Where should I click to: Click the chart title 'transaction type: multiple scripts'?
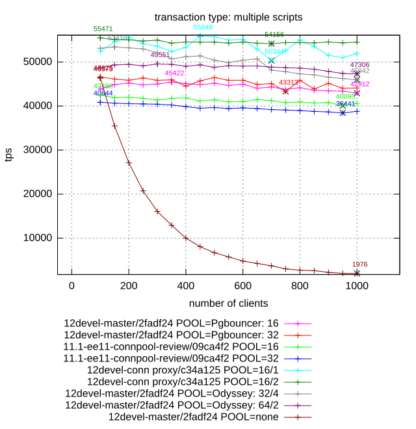click(x=228, y=16)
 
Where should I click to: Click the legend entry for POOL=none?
click(x=194, y=416)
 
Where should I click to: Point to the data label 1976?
click(x=360, y=265)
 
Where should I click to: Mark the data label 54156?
click(x=274, y=34)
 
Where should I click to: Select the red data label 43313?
click(x=289, y=83)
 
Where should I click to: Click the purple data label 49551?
click(x=160, y=55)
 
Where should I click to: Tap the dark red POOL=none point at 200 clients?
click(x=129, y=162)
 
